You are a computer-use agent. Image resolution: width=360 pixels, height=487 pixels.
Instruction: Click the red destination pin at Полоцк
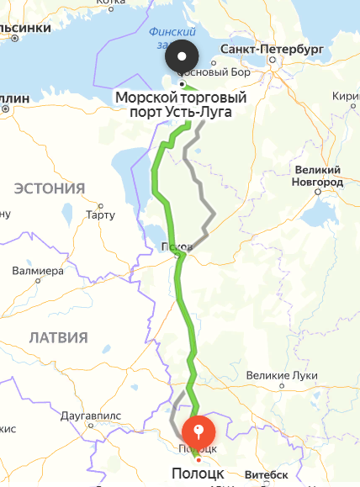[199, 431]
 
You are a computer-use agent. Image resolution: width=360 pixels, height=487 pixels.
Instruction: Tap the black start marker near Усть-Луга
[183, 58]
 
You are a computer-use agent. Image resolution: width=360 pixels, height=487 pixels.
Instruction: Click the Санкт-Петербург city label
[271, 50]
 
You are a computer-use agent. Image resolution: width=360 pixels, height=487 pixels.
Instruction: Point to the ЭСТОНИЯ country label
[50, 188]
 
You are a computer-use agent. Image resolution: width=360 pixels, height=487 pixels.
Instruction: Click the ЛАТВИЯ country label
[58, 337]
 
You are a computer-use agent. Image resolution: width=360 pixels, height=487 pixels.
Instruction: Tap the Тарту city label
[100, 215]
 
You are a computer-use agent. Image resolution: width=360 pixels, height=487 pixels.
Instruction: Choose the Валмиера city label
[38, 271]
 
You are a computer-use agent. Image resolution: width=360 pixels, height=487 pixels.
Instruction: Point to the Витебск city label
[267, 475]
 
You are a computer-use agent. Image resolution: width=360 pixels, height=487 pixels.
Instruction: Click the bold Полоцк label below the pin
[198, 472]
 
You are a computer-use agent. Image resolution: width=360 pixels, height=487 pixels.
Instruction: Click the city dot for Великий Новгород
[317, 192]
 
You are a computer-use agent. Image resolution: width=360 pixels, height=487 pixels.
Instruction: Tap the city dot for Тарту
[100, 205]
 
